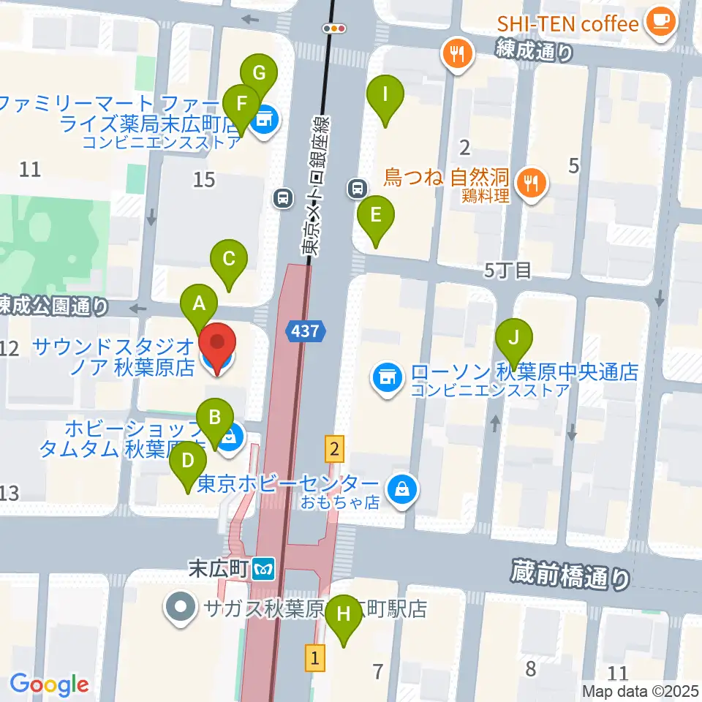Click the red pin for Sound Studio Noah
point(218,347)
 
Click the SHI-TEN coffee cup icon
point(661,21)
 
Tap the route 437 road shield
point(305,331)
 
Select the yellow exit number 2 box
point(334,448)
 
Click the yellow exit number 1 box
point(314,657)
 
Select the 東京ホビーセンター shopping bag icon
point(401,488)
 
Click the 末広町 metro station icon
point(263,567)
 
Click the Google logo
point(50,684)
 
